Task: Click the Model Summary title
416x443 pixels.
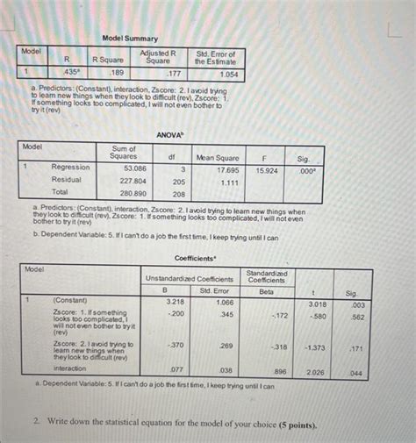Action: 130,39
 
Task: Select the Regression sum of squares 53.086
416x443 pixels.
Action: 134,167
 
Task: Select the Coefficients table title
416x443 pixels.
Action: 195,258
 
